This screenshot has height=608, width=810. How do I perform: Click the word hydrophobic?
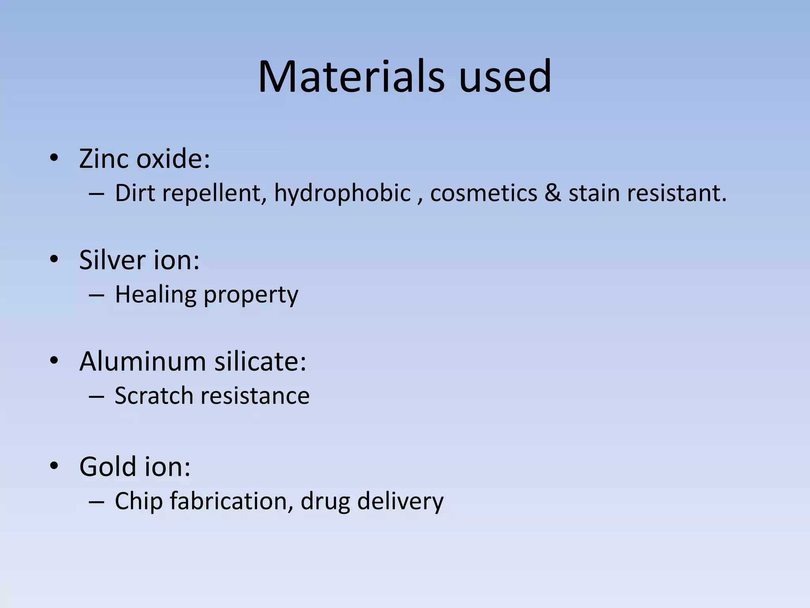[343, 193]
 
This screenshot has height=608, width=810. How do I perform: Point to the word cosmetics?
[484, 193]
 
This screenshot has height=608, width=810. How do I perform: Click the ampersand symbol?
[553, 193]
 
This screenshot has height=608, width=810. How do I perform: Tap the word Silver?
[112, 260]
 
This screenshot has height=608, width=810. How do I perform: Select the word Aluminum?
[142, 361]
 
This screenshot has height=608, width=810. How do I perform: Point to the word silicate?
[260, 361]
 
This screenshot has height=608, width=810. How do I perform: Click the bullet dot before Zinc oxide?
[54, 158]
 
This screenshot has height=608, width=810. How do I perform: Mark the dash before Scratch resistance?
[97, 396]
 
